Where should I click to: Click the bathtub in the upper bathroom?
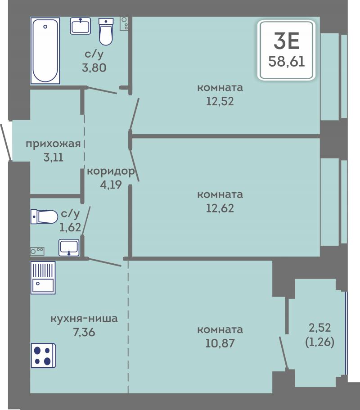[x=45, y=51]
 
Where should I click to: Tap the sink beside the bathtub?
[x=80, y=26]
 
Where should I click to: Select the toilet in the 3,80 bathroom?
[x=106, y=32]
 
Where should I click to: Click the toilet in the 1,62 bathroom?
[x=44, y=217]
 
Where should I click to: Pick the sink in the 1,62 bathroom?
[x=69, y=248]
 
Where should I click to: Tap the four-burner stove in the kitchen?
[x=43, y=356]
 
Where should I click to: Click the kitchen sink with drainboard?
[x=43, y=277]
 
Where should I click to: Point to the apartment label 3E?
[x=287, y=41]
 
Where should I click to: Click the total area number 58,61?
[x=287, y=62]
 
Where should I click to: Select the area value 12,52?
[x=220, y=101]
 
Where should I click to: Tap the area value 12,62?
[x=220, y=208]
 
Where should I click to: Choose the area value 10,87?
[x=220, y=343]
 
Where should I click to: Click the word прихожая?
[x=54, y=144]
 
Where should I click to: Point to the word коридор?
[x=111, y=171]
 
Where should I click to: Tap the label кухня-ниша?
[x=84, y=319]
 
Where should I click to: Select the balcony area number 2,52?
[x=320, y=328]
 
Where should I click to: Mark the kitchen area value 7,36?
[x=84, y=332]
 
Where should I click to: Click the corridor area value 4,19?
[x=111, y=185]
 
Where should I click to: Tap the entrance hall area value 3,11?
[x=54, y=158]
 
